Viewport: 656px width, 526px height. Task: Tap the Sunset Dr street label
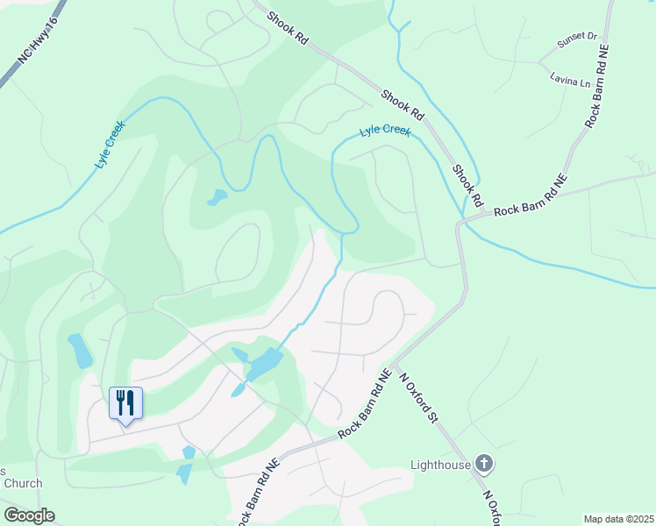(577, 41)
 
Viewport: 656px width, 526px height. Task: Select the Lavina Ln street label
(571, 81)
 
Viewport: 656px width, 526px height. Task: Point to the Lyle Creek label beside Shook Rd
(385, 131)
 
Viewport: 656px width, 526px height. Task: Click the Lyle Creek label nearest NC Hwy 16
(111, 145)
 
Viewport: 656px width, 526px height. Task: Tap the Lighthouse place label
(441, 465)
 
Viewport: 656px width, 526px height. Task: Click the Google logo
(29, 515)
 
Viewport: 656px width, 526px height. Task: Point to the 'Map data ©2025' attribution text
(618, 519)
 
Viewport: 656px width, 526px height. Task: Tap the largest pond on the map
(264, 365)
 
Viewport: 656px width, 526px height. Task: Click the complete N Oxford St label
(417, 396)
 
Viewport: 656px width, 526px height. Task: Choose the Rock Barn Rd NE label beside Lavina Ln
(601, 92)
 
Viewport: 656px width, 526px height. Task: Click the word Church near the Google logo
(22, 483)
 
